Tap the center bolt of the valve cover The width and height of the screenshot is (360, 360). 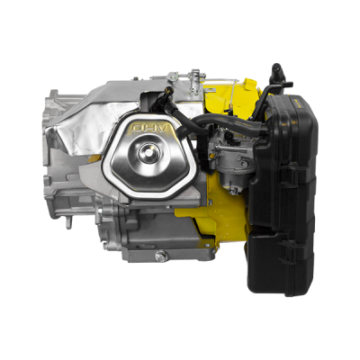pyautogui.click(x=149, y=153)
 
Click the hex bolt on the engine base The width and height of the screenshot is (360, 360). pyautogui.click(x=161, y=256)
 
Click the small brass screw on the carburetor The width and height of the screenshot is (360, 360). pyautogui.click(x=212, y=155)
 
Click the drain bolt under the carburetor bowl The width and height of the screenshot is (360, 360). pyautogui.click(x=232, y=190)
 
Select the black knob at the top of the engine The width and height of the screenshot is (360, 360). pyautogui.click(x=277, y=71)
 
